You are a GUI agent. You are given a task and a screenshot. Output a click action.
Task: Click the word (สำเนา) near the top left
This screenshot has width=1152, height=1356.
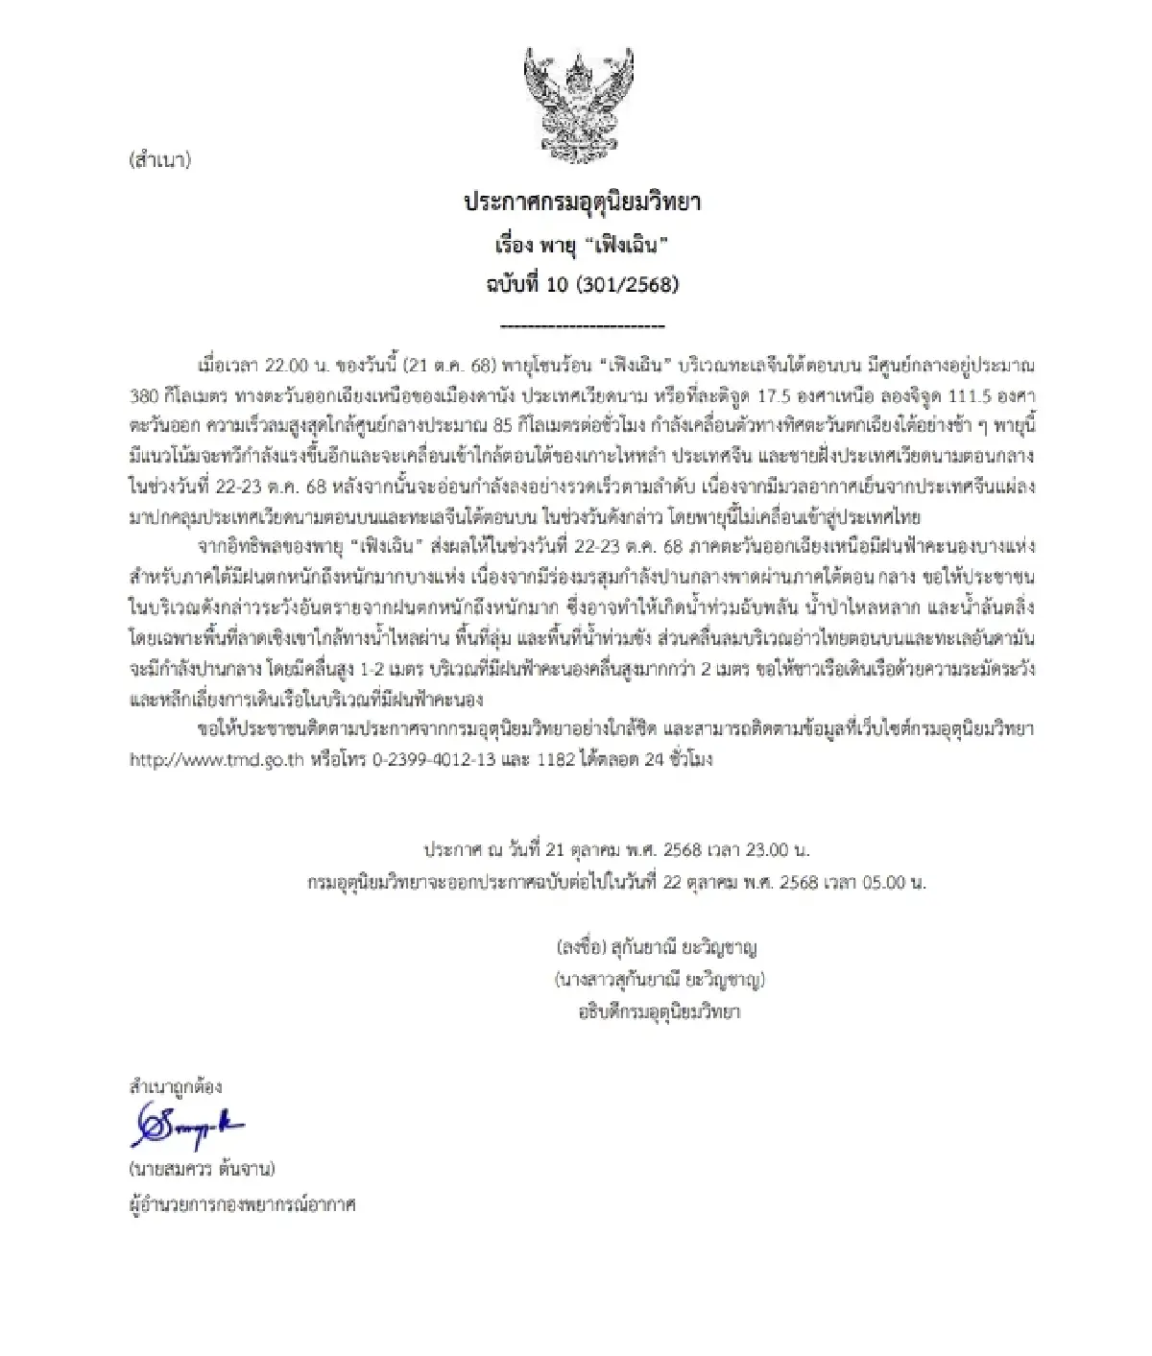coord(160,160)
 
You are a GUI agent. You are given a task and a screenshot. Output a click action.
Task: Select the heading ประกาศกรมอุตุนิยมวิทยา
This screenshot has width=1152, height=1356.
coord(583,202)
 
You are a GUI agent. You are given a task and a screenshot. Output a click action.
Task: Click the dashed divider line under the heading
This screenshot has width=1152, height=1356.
coord(583,326)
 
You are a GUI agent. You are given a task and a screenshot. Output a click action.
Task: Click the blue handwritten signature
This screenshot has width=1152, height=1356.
coord(187,1126)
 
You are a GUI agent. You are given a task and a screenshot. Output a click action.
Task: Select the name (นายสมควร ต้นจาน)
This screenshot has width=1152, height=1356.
coord(203,1169)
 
